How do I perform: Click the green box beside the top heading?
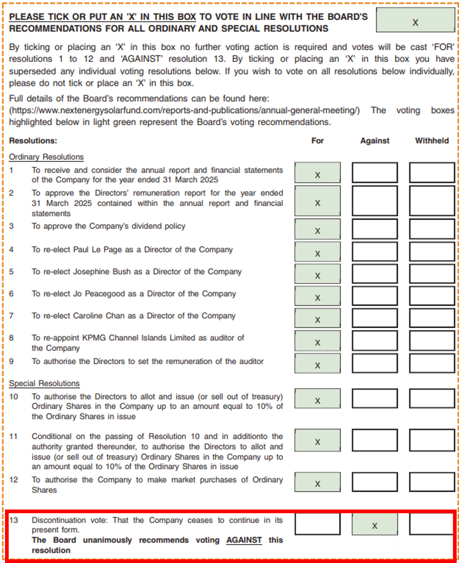tap(415, 20)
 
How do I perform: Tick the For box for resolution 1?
tap(317, 173)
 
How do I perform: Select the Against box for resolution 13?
tap(375, 524)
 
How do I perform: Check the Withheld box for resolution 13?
tap(432, 524)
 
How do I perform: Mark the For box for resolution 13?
tap(317, 524)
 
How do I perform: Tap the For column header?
tap(317, 140)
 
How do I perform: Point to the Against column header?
tap(375, 140)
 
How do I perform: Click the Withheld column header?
tap(432, 140)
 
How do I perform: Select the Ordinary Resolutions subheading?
tap(46, 157)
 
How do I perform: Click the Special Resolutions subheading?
tap(44, 383)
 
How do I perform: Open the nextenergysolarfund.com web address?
tap(184, 110)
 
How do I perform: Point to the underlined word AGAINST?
tap(244, 540)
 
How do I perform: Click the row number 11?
tap(13, 436)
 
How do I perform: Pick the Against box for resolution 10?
tap(375, 398)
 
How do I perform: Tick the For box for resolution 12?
tap(317, 482)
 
